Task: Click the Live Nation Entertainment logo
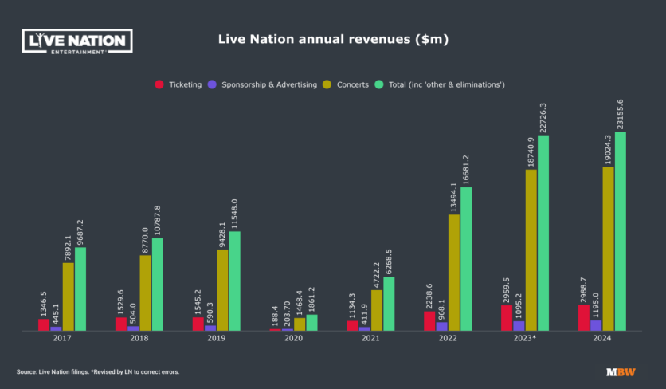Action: pos(77,41)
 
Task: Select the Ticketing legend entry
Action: pos(178,84)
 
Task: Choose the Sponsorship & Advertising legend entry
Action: pos(262,84)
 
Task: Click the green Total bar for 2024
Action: pos(620,231)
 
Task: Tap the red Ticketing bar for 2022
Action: pos(429,320)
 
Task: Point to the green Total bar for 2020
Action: pos(311,322)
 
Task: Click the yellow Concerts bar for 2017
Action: pos(69,297)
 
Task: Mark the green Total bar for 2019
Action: pos(234,281)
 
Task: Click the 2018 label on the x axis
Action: pos(139,339)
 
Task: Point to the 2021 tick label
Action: pos(370,339)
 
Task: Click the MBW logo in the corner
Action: pos(620,372)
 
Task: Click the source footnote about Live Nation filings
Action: pos(97,372)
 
